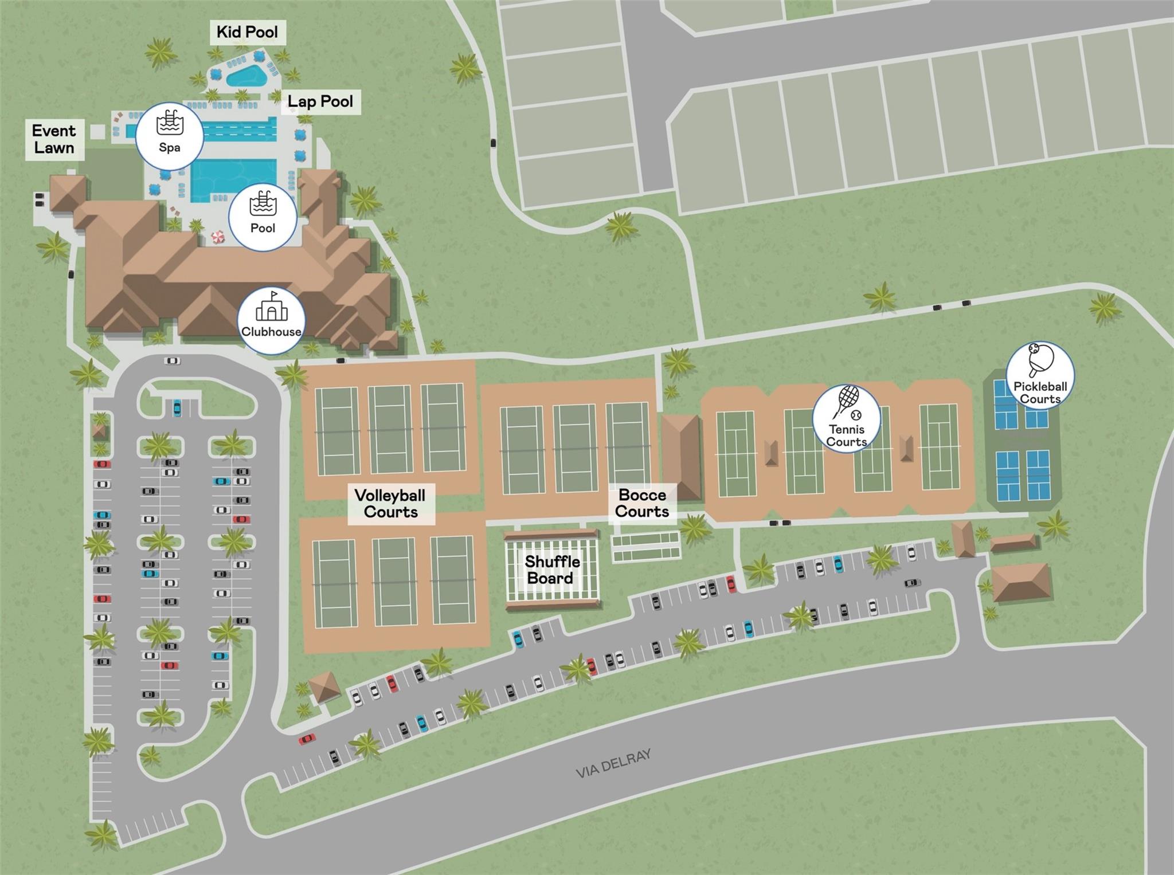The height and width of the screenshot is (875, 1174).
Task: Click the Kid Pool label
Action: point(247,32)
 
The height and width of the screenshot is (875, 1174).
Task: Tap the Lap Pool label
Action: point(320,102)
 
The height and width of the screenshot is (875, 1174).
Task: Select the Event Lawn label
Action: point(54,139)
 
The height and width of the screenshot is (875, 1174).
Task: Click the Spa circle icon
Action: point(170,136)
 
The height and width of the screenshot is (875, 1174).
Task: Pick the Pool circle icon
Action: point(263,217)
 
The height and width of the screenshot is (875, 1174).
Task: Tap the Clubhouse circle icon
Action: point(271,320)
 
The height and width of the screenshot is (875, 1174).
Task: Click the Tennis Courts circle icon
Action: point(847,418)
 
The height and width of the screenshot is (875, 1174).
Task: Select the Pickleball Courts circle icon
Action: point(1040,375)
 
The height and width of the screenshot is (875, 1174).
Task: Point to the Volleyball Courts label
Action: point(390,503)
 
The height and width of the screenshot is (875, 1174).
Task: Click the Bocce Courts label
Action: point(642,503)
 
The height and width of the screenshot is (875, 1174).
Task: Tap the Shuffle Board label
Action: point(551,570)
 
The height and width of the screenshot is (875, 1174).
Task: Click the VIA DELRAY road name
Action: point(613,764)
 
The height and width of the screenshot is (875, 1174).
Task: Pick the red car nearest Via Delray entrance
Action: point(307,739)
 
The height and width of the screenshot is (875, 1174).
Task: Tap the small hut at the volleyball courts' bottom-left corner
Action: point(325,686)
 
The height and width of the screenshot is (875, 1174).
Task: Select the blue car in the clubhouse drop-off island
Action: point(177,409)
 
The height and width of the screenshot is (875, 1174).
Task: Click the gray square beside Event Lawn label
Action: point(98,131)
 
